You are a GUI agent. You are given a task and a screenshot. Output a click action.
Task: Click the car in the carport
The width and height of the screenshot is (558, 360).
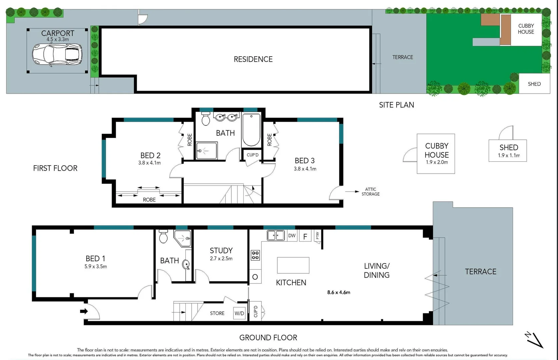click(x=57, y=54)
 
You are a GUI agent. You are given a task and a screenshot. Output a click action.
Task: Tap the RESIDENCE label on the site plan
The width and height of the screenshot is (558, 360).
click(x=253, y=59)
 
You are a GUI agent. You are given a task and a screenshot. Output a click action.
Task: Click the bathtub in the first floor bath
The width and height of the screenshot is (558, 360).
click(x=251, y=130)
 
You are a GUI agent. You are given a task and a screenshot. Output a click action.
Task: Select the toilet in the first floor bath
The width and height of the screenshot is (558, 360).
click(x=206, y=119)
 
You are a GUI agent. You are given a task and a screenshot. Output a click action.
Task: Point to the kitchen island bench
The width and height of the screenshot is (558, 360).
click(x=293, y=265)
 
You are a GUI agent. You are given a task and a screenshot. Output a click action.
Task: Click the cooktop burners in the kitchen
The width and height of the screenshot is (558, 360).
click(x=255, y=255)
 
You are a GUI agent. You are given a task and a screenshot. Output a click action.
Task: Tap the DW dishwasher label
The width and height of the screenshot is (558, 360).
click(x=292, y=236)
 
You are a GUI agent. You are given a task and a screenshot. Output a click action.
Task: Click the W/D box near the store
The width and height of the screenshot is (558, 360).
click(x=239, y=313)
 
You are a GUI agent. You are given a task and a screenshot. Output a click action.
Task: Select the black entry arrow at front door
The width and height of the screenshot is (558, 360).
click(x=84, y=311)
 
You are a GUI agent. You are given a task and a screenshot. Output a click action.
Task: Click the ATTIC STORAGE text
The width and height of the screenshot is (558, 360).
click(x=370, y=192)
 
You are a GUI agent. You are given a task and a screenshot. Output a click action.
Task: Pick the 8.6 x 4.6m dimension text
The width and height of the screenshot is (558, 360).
click(x=339, y=292)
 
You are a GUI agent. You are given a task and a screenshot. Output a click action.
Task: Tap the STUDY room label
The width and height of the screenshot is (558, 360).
click(x=221, y=251)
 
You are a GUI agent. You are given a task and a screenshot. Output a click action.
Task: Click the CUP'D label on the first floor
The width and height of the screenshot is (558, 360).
click(x=252, y=155)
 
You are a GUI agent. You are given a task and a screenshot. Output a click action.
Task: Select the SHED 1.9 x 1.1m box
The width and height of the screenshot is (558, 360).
click(x=508, y=151)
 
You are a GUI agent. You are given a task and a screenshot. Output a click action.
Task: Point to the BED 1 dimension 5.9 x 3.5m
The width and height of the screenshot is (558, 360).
click(x=96, y=267)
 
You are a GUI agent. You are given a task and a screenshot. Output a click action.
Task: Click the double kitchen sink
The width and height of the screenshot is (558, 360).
click(x=276, y=236)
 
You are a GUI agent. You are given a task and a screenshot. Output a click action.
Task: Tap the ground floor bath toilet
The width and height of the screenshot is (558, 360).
click(x=163, y=236)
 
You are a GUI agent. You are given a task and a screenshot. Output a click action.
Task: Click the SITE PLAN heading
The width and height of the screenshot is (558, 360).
click(x=396, y=105)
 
